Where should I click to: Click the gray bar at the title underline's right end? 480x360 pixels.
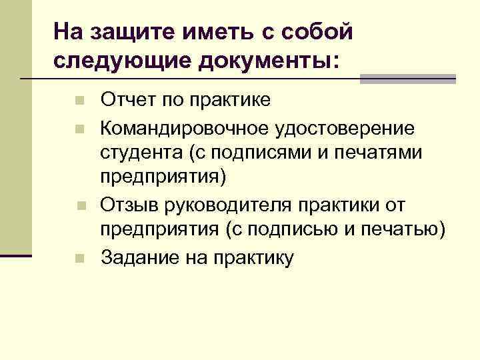pos(407,79)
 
